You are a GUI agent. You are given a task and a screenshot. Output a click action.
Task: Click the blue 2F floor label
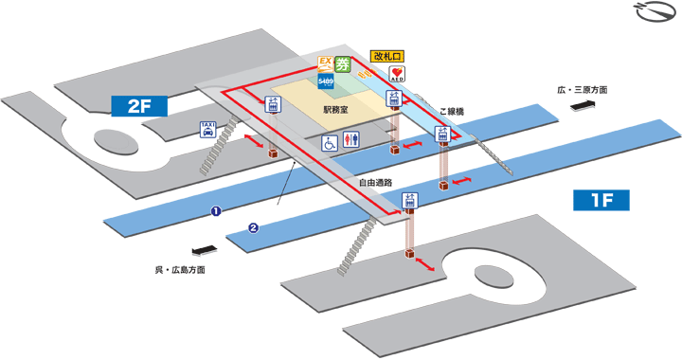click(x=139, y=106)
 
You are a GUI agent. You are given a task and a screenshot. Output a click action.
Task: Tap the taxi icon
click(x=206, y=130)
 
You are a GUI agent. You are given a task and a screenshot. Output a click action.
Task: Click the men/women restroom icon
click(x=352, y=139)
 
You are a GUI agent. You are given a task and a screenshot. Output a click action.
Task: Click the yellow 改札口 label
click(x=386, y=55)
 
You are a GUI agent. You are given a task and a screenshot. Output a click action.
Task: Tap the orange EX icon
click(x=324, y=64)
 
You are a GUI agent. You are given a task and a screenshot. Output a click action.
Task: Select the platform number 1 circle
click(x=216, y=210)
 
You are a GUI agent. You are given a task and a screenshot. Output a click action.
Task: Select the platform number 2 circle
click(x=253, y=226)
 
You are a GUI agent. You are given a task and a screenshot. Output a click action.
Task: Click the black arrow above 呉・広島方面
click(x=202, y=252)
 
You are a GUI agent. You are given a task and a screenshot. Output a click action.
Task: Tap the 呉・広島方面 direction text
click(x=180, y=270)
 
